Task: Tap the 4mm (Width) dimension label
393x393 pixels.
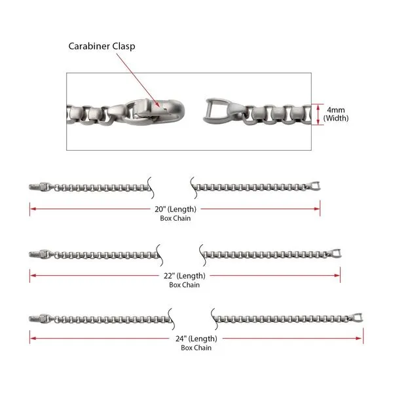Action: (336, 114)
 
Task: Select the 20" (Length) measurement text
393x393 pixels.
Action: (175, 210)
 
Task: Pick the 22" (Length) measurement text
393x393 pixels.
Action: (184, 276)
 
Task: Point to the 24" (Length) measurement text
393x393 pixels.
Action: (196, 339)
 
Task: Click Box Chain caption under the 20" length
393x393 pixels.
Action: (175, 219)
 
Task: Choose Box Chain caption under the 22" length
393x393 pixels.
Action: (184, 285)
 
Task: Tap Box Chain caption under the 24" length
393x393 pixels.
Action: (196, 348)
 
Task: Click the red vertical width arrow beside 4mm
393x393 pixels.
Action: (318, 114)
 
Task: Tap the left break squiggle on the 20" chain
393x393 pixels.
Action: (151, 187)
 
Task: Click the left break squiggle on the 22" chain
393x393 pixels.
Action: (160, 252)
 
